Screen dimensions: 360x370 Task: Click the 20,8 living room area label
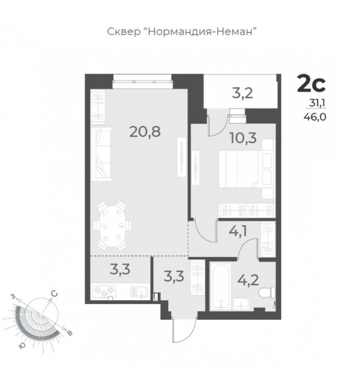(145, 131)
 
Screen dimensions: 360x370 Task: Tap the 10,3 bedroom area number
(243, 138)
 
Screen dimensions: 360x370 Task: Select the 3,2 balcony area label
(243, 93)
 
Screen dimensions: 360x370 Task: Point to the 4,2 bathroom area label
(248, 280)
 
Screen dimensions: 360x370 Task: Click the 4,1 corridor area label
(238, 231)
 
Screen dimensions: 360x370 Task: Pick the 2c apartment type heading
(311, 83)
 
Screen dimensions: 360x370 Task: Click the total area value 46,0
(315, 117)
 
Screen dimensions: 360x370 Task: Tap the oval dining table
(112, 226)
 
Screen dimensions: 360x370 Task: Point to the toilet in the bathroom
(267, 292)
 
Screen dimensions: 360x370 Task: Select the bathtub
(221, 285)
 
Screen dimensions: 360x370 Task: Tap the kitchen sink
(139, 292)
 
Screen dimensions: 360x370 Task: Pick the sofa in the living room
(101, 154)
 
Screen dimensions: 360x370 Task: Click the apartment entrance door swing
(185, 329)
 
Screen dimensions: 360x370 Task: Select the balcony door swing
(217, 125)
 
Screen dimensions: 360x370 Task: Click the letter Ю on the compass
(22, 345)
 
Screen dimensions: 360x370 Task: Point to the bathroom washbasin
(241, 304)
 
